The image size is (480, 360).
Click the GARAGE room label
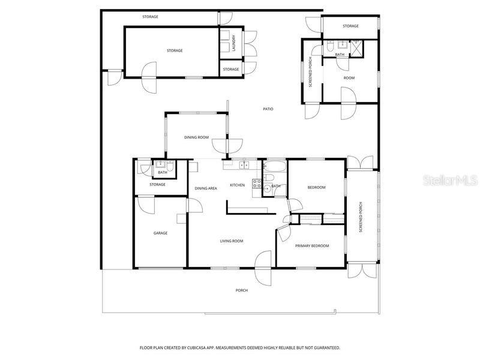pyautogui.click(x=160, y=233)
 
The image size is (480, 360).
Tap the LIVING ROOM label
pyautogui.click(x=232, y=241)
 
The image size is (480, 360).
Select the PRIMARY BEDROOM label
pyautogui.click(x=312, y=245)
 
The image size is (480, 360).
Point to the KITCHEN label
pyautogui.click(x=238, y=185)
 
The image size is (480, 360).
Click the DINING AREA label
pyautogui.click(x=206, y=188)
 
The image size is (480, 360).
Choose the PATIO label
pyautogui.click(x=268, y=109)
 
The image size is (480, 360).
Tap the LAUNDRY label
pyautogui.click(x=234, y=43)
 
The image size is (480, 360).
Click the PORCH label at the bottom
pyautogui.click(x=241, y=290)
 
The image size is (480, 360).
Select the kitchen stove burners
pyautogui.click(x=256, y=184)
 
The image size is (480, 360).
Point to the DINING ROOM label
pyautogui.click(x=196, y=137)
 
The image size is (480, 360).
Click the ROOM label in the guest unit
pyautogui.click(x=349, y=78)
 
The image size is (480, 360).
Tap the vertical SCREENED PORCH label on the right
pyautogui.click(x=361, y=218)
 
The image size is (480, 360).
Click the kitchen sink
pyautogui.click(x=244, y=164)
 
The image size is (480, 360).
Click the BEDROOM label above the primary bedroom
pyautogui.click(x=316, y=187)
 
